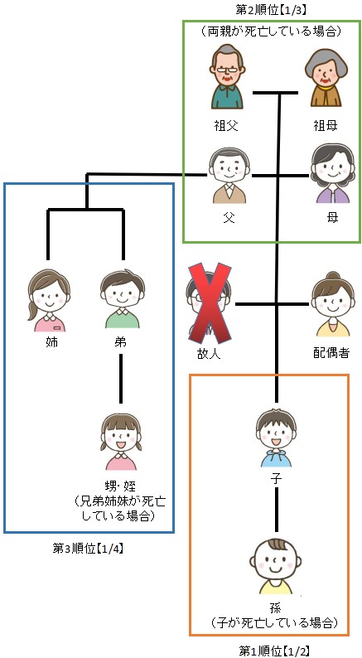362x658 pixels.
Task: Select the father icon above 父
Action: pyautogui.click(x=229, y=175)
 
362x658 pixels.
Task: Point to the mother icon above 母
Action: pyautogui.click(x=333, y=173)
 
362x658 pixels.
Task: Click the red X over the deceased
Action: pyautogui.click(x=210, y=302)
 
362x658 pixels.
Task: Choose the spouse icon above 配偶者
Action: pyautogui.click(x=333, y=304)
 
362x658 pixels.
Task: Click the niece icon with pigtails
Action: pyautogui.click(x=121, y=442)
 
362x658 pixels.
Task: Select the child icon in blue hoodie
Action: pyautogui.click(x=276, y=438)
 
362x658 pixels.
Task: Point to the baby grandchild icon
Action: pyautogui.click(x=276, y=567)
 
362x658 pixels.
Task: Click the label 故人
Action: pyautogui.click(x=209, y=353)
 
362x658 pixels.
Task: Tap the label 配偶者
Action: pyautogui.click(x=331, y=353)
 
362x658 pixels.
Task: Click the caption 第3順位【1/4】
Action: pyautogui.click(x=88, y=549)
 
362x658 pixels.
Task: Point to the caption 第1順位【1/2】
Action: pyautogui.click(x=274, y=651)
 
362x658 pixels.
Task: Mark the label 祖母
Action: pyautogui.click(x=325, y=125)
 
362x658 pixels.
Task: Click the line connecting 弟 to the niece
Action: pyautogui.click(x=121, y=379)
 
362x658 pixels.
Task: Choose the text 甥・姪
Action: pyautogui.click(x=121, y=487)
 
